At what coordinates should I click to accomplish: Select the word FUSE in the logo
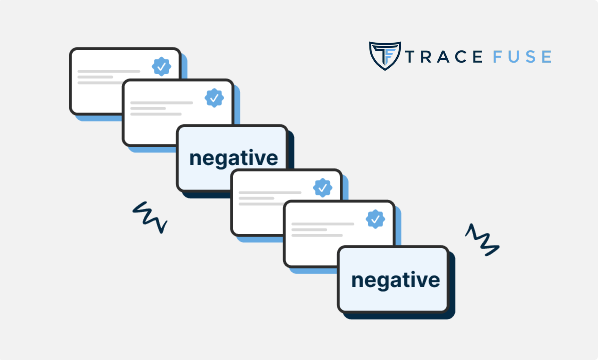tap(518, 57)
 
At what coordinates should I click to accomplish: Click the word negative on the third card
tap(231, 158)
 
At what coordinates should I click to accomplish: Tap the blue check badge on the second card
tap(213, 98)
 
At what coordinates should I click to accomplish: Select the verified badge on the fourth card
tap(322, 187)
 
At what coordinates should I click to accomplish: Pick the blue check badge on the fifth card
tap(376, 218)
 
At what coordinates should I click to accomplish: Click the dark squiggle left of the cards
tap(150, 217)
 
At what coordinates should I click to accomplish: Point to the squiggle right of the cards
tap(482, 240)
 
